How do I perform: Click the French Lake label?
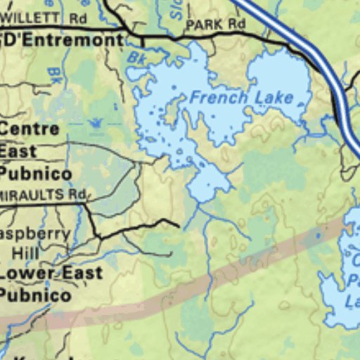click(241, 97)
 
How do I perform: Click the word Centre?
click(29, 129)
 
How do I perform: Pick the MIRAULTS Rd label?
click(42, 193)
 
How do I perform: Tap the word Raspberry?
click(35, 233)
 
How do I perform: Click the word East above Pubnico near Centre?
click(18, 151)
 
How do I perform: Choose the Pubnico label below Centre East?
click(35, 174)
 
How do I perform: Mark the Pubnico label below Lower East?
click(35, 295)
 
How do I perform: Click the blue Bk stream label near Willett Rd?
click(54, 72)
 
